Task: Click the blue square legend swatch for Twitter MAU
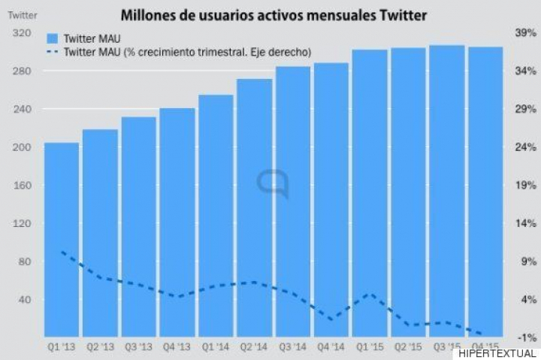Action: [x=52, y=38]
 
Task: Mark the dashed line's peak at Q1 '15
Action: [x=369, y=294]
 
